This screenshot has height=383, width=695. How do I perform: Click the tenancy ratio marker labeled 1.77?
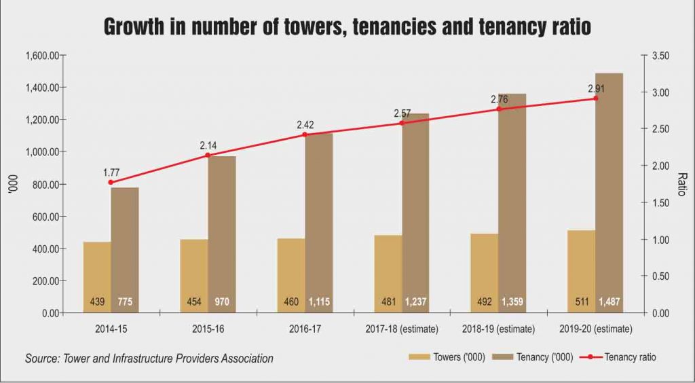111,182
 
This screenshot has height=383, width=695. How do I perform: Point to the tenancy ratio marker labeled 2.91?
596,98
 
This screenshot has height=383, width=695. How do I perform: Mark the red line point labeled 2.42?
305,134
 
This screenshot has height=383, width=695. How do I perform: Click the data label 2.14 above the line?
208,145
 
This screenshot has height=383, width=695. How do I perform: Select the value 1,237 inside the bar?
415,302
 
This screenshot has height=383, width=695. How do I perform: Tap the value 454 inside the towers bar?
194,302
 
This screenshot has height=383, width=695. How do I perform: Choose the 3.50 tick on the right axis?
661,56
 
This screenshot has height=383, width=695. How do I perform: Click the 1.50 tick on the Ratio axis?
661,203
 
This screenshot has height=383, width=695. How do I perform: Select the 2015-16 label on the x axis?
208,329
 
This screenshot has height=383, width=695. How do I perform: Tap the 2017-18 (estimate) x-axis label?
401,329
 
